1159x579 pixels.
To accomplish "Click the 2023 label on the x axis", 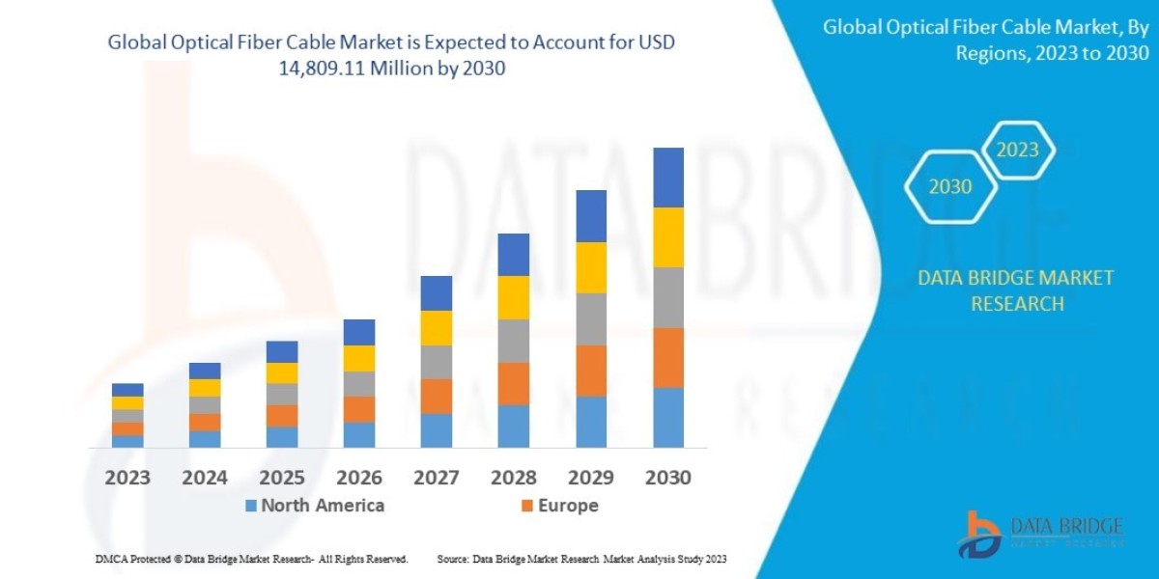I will pos(127,478).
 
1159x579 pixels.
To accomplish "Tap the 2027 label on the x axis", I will pos(437,478).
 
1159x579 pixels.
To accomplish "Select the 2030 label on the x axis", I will pos(668,478).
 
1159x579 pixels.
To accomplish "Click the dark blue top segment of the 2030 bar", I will pos(668,178).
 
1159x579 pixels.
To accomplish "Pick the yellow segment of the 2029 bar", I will pos(591,267).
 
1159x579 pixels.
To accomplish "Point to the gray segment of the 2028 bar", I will pos(514,341).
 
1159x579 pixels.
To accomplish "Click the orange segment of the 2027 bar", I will pos(437,396).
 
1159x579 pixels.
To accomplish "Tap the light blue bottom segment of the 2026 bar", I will pos(359,435).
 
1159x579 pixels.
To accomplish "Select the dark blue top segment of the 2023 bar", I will pos(127,390).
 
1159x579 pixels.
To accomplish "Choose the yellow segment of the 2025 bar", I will pos(282,373).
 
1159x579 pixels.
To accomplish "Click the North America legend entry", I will pos(314,506).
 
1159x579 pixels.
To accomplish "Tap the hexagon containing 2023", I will pos(1017,151).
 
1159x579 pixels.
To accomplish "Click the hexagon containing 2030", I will pos(950,187).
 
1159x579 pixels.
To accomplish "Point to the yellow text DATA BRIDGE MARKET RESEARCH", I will pos(1015,290).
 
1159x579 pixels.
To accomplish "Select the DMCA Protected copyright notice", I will pos(251,559).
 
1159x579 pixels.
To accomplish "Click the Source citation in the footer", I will pos(581,559).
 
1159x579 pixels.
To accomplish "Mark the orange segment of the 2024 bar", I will pos(205,422).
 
